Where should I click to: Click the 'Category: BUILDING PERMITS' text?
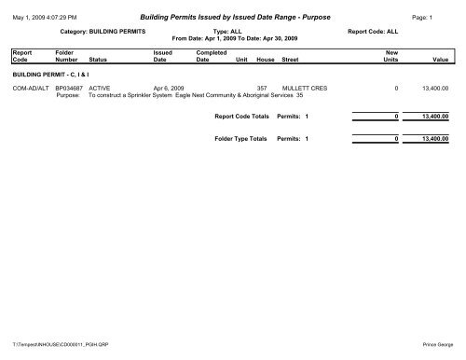pos(103,30)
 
